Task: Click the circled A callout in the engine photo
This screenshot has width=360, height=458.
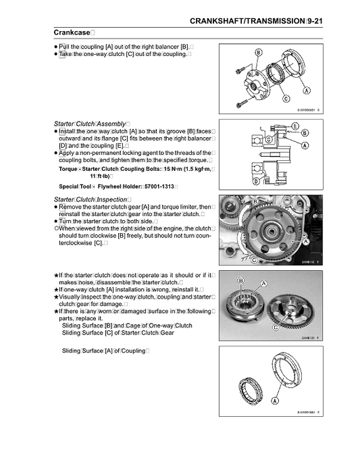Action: (x=305, y=240)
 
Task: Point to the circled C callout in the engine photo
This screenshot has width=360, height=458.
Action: (x=253, y=259)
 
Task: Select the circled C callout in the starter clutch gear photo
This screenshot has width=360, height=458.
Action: (x=275, y=327)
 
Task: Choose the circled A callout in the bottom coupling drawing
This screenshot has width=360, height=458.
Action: (x=277, y=401)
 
